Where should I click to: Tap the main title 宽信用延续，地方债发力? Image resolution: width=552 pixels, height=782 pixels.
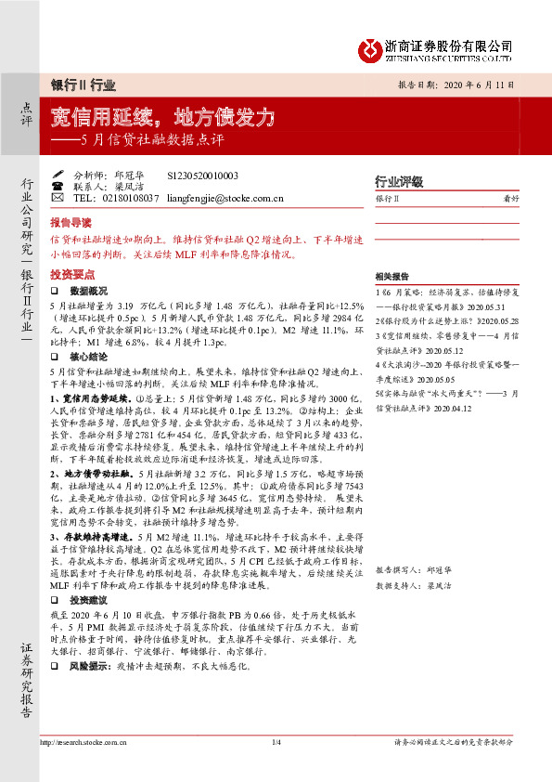coord(163,117)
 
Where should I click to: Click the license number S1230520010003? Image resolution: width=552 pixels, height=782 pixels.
coord(202,175)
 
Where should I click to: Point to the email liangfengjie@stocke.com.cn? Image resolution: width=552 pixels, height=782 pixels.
coord(228,198)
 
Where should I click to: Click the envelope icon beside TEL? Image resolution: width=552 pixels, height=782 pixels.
coord(58,198)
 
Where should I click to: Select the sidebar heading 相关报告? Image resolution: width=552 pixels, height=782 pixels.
coord(392,277)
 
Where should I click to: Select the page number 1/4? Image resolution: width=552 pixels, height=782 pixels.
coord(275,767)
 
